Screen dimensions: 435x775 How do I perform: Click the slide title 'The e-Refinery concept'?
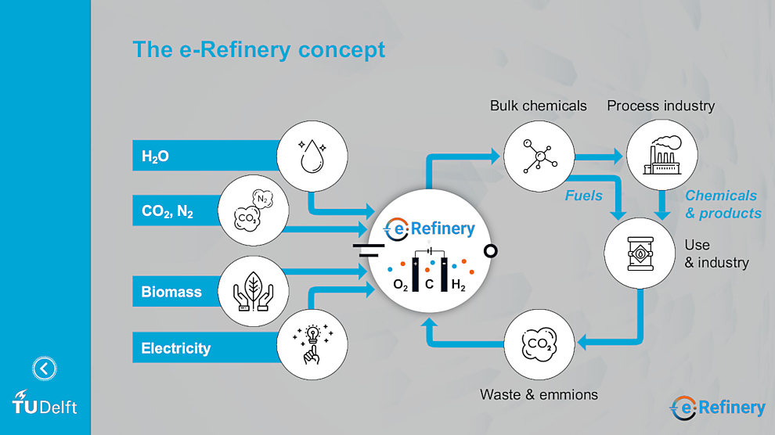259,49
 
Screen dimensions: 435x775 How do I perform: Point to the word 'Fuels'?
584,196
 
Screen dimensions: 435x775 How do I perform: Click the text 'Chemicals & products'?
723,204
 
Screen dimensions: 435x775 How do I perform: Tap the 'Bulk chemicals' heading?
539,106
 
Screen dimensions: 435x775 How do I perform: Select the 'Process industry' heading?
661,106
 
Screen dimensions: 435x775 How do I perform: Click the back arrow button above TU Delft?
45,368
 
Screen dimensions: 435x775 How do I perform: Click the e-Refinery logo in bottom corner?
717,408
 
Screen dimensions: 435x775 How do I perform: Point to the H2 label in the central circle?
458,287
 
